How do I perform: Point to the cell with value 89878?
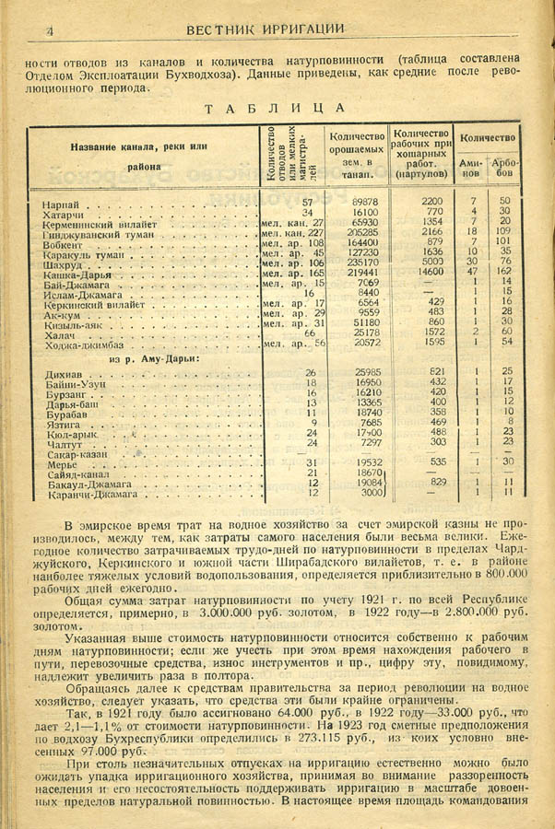coord(359,201)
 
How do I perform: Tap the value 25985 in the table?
coord(359,371)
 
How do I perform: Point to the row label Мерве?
coord(60,464)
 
